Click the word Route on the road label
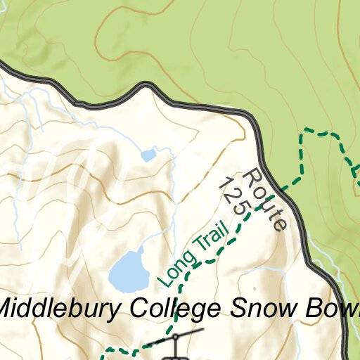click(x=266, y=200)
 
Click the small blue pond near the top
click(x=148, y=155)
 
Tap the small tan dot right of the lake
click(x=255, y=288)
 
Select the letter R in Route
click(x=253, y=176)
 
